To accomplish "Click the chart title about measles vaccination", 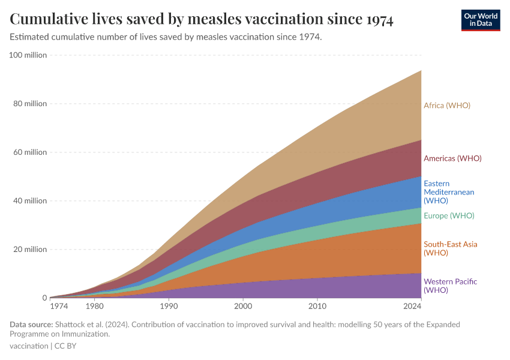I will pyautogui.click(x=202, y=19).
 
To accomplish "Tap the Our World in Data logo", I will pyautogui.click(x=481, y=20).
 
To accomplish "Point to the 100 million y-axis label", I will pyautogui.click(x=28, y=55).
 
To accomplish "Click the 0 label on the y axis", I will pyautogui.click(x=44, y=298).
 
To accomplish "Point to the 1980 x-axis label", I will pyautogui.click(x=94, y=307).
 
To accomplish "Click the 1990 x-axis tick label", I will pyautogui.click(x=169, y=307).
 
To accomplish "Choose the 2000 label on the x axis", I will pyautogui.click(x=243, y=307).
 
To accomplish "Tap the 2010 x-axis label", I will pyautogui.click(x=317, y=307).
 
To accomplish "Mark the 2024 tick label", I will pyautogui.click(x=413, y=307).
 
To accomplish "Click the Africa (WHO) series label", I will pyautogui.click(x=447, y=106).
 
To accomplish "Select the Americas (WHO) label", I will pyautogui.click(x=452, y=158).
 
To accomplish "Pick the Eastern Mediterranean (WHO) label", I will pyautogui.click(x=449, y=192).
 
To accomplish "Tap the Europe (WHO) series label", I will pyautogui.click(x=449, y=216).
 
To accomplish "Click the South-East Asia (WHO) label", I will pyautogui.click(x=451, y=248).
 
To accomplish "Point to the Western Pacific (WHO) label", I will pyautogui.click(x=451, y=286).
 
